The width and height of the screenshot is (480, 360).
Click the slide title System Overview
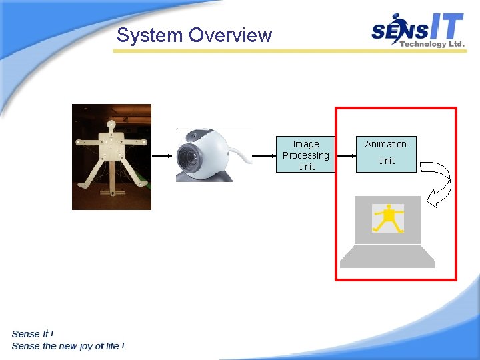pyautogui.click(x=194, y=35)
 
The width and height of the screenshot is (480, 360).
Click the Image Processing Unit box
pyautogui.click(x=306, y=155)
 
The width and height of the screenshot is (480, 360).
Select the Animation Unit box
pyautogui.click(x=386, y=154)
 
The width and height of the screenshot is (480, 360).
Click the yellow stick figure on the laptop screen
pyautogui.click(x=387, y=219)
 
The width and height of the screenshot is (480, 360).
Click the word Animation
pyautogui.click(x=385, y=144)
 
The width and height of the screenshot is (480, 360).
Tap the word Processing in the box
pyautogui.click(x=306, y=155)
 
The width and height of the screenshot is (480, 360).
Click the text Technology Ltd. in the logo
pyautogui.click(x=431, y=44)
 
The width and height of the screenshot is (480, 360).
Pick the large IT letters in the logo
pyautogui.click(x=444, y=27)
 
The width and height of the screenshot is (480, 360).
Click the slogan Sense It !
pyautogui.click(x=33, y=334)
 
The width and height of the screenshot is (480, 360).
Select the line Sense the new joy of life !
pyautogui.click(x=68, y=346)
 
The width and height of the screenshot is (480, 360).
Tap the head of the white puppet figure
pyautogui.click(x=111, y=124)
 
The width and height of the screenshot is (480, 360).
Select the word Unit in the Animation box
pyautogui.click(x=386, y=161)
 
